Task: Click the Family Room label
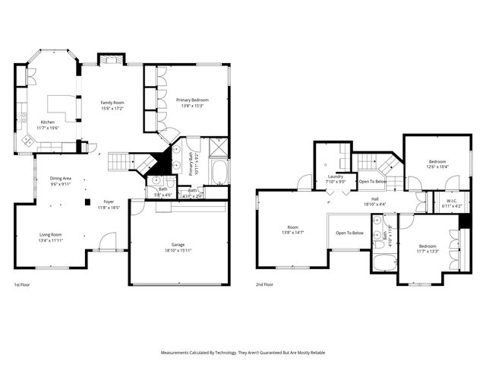[x=112, y=105]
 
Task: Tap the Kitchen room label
[x=48, y=124]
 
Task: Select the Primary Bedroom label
[x=193, y=103]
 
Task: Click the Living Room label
[x=51, y=237]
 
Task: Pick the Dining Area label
[x=61, y=181]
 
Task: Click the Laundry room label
[x=335, y=179]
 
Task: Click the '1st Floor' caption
[x=22, y=285]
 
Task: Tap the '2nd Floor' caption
[x=265, y=285]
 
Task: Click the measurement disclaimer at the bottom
[x=243, y=353]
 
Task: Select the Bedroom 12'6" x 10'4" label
[x=437, y=163]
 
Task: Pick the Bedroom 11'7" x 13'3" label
[x=428, y=249]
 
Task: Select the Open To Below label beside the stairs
[x=373, y=182]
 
